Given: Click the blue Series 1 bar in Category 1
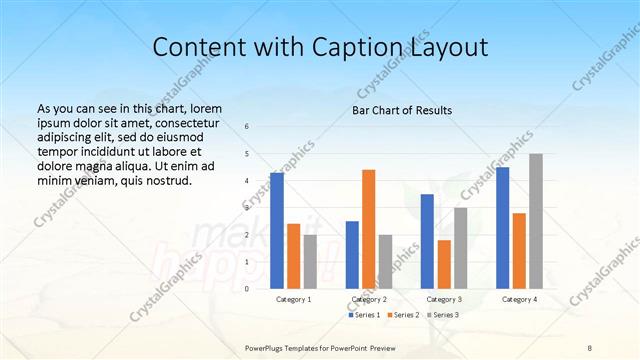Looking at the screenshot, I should tap(277, 230).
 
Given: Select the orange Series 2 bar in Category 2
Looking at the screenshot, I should tap(369, 228).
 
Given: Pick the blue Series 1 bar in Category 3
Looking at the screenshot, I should tap(427, 240).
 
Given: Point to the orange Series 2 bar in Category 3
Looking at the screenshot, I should tap(444, 263).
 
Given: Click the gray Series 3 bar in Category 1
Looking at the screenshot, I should tap(310, 261).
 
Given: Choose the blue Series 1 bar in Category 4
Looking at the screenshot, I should tap(503, 227).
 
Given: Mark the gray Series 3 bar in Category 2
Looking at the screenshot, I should tap(386, 261).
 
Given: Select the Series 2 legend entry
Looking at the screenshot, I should tap(403, 315).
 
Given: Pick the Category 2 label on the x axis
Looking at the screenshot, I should tap(369, 299).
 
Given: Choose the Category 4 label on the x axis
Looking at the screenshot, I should tap(519, 299).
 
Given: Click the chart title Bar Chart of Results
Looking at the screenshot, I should tap(402, 110).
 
